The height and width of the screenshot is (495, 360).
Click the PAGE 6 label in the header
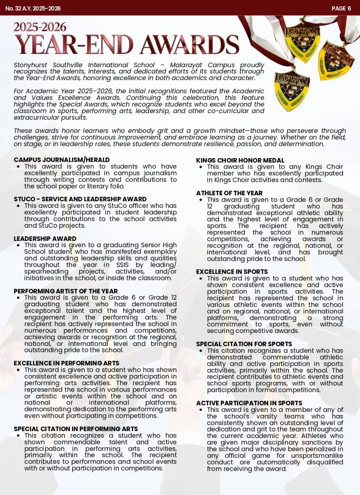(x=341, y=8)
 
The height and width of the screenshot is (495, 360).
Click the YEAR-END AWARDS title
(x=127, y=45)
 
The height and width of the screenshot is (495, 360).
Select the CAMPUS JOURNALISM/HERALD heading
(x=61, y=160)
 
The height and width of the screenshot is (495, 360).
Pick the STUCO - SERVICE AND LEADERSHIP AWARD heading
(x=80, y=199)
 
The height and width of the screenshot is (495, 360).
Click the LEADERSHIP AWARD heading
(x=45, y=239)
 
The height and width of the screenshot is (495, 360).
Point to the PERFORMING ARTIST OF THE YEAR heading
(x=66, y=291)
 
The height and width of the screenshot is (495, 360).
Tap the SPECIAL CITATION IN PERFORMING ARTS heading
(x=76, y=429)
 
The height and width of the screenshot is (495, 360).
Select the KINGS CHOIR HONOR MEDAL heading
(x=240, y=160)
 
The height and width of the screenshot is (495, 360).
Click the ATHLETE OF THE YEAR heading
(x=230, y=193)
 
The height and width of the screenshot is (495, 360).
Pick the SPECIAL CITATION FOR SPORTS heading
(x=244, y=344)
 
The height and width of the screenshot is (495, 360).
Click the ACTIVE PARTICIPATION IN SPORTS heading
(x=249, y=403)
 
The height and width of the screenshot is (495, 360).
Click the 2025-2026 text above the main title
(x=40, y=27)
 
